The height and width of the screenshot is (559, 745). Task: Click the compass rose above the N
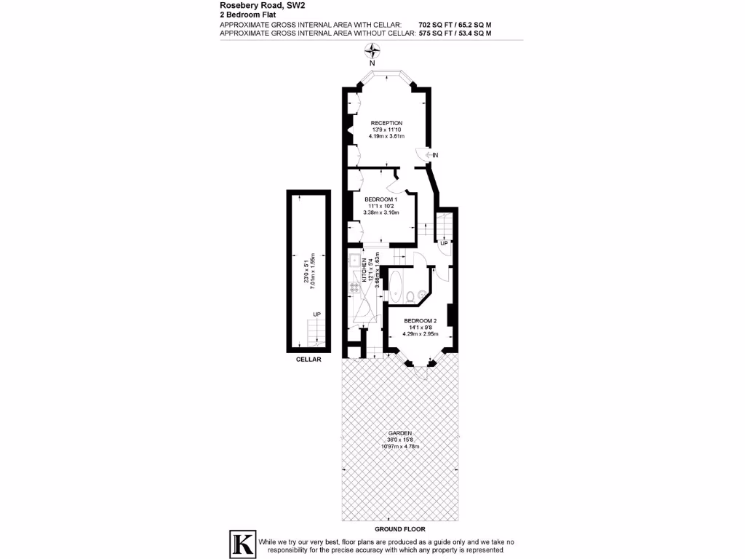tap(372, 51)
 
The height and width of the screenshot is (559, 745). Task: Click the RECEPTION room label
tap(386, 122)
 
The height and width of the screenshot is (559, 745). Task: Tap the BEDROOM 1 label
tap(381, 199)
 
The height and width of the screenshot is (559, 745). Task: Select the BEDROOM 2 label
tap(421, 321)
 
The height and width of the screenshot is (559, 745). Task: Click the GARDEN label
tap(399, 433)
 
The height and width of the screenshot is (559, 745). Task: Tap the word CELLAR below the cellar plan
tap(308, 359)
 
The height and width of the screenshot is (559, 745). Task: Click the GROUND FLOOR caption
tap(399, 529)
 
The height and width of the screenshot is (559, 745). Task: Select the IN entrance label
tap(435, 155)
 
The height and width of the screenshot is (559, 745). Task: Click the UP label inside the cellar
tap(316, 314)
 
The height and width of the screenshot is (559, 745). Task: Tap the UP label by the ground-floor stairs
tap(443, 243)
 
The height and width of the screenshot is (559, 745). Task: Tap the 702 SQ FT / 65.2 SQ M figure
tap(455, 24)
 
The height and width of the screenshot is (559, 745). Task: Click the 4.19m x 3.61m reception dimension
tap(386, 136)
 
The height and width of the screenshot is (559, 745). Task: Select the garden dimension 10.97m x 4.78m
tap(399, 446)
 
